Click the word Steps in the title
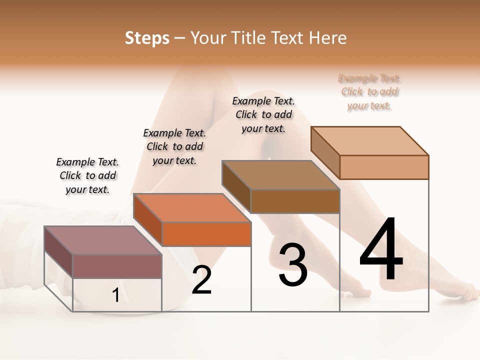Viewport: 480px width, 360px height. [147, 38]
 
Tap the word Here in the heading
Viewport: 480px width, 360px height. [327, 38]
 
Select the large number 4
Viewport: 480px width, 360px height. [381, 249]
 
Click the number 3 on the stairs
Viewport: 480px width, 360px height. [293, 265]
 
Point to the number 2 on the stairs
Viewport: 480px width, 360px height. [202, 280]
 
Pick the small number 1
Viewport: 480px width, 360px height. [116, 295]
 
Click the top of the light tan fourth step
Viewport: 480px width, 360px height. [370, 141]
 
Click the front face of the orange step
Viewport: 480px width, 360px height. [206, 234]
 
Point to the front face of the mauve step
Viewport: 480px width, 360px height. [117, 266]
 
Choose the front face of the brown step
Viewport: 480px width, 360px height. [295, 201]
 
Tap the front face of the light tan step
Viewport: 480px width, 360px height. [384, 167]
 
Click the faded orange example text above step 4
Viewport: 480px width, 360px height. [369, 92]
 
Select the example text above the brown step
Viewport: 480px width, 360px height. [263, 114]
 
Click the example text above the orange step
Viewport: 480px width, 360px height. [174, 146]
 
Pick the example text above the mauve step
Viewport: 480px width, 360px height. [87, 175]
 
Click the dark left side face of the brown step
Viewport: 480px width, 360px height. [236, 186]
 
